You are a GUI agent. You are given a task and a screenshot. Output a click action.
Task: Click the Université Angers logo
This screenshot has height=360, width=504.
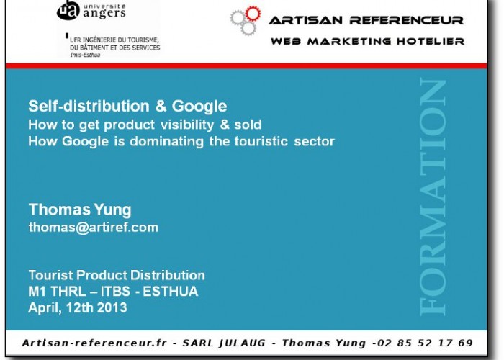[91, 10]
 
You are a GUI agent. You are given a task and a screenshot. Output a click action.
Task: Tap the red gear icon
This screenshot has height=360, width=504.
[253, 14]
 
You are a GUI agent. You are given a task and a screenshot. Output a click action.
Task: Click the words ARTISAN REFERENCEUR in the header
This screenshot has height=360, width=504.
[366, 20]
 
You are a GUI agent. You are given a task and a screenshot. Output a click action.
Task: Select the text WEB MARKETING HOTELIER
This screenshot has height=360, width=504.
[367, 42]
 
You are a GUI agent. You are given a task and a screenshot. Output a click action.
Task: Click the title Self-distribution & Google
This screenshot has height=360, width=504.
[127, 107]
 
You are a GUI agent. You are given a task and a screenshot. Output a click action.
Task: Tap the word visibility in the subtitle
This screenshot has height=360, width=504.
[187, 125]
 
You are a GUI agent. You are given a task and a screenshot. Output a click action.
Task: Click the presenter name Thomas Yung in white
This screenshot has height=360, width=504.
[80, 210]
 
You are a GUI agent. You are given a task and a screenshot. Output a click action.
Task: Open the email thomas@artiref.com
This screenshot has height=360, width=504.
[94, 228]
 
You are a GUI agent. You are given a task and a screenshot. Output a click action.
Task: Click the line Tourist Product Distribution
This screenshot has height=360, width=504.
[117, 276]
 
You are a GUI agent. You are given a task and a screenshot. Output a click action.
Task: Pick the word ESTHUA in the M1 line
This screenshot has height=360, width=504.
[171, 292]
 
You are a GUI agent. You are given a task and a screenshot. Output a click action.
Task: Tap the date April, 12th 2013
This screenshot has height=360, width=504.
[78, 308]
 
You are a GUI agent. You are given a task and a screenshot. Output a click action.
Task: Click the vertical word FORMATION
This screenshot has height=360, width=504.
[433, 197]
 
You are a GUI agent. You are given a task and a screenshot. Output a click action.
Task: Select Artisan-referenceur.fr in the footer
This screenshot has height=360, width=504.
[94, 343]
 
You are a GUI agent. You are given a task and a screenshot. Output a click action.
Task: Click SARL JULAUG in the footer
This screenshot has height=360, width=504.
[224, 343]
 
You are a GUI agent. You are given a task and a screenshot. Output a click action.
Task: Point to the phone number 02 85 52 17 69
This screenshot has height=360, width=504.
[425, 343]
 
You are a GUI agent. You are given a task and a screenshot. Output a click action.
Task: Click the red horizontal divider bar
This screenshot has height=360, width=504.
[246, 66]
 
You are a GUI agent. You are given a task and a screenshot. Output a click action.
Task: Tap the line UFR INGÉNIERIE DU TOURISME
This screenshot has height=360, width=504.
[114, 40]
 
